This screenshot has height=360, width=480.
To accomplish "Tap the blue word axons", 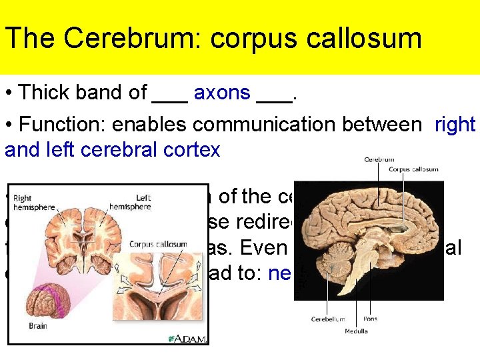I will [x=222, y=93].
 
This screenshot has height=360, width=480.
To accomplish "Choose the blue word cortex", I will [x=196, y=150].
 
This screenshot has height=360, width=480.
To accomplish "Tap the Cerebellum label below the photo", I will [x=327, y=319].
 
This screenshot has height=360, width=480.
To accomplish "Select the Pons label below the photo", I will [x=370, y=319].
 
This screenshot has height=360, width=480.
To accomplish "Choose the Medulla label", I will [x=355, y=331].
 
